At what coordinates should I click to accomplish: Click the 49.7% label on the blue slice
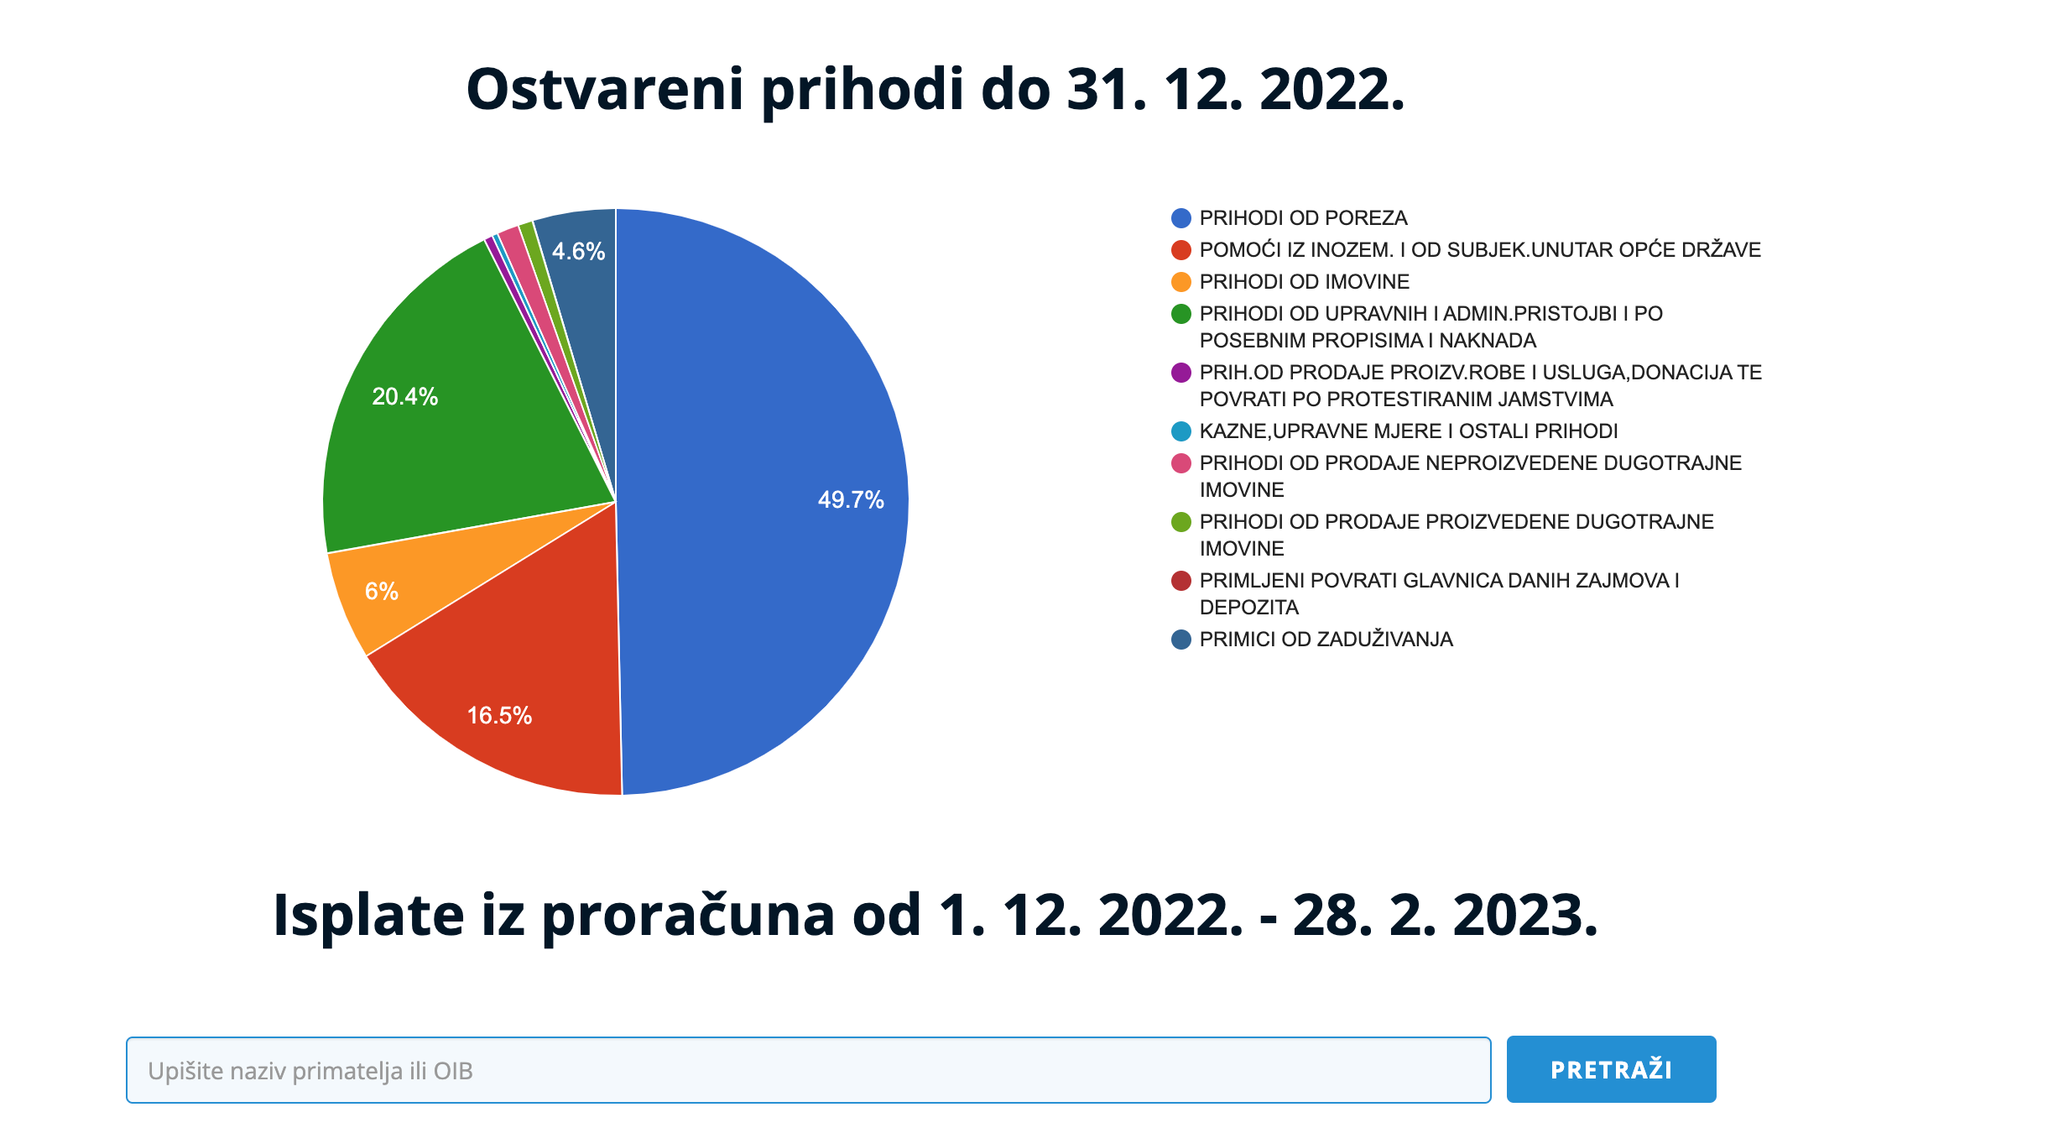click(851, 500)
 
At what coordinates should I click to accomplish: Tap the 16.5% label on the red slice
click(499, 716)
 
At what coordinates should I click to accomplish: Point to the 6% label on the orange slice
click(382, 592)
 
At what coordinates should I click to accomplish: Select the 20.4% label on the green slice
click(405, 397)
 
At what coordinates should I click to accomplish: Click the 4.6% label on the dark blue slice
click(578, 252)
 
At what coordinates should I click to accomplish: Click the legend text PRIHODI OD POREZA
click(1303, 218)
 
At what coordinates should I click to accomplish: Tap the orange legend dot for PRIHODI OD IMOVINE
click(1181, 282)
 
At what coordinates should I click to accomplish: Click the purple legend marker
click(1181, 373)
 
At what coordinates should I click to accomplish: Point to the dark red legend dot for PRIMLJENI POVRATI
click(1181, 581)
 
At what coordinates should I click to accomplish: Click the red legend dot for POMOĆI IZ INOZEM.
click(1181, 250)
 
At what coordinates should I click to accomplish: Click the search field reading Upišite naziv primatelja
click(808, 1070)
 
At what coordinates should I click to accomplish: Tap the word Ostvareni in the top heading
click(605, 89)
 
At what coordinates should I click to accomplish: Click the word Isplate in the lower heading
click(368, 915)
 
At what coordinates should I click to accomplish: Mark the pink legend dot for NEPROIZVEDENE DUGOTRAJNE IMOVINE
click(1181, 463)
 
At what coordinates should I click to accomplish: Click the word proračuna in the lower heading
click(688, 916)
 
